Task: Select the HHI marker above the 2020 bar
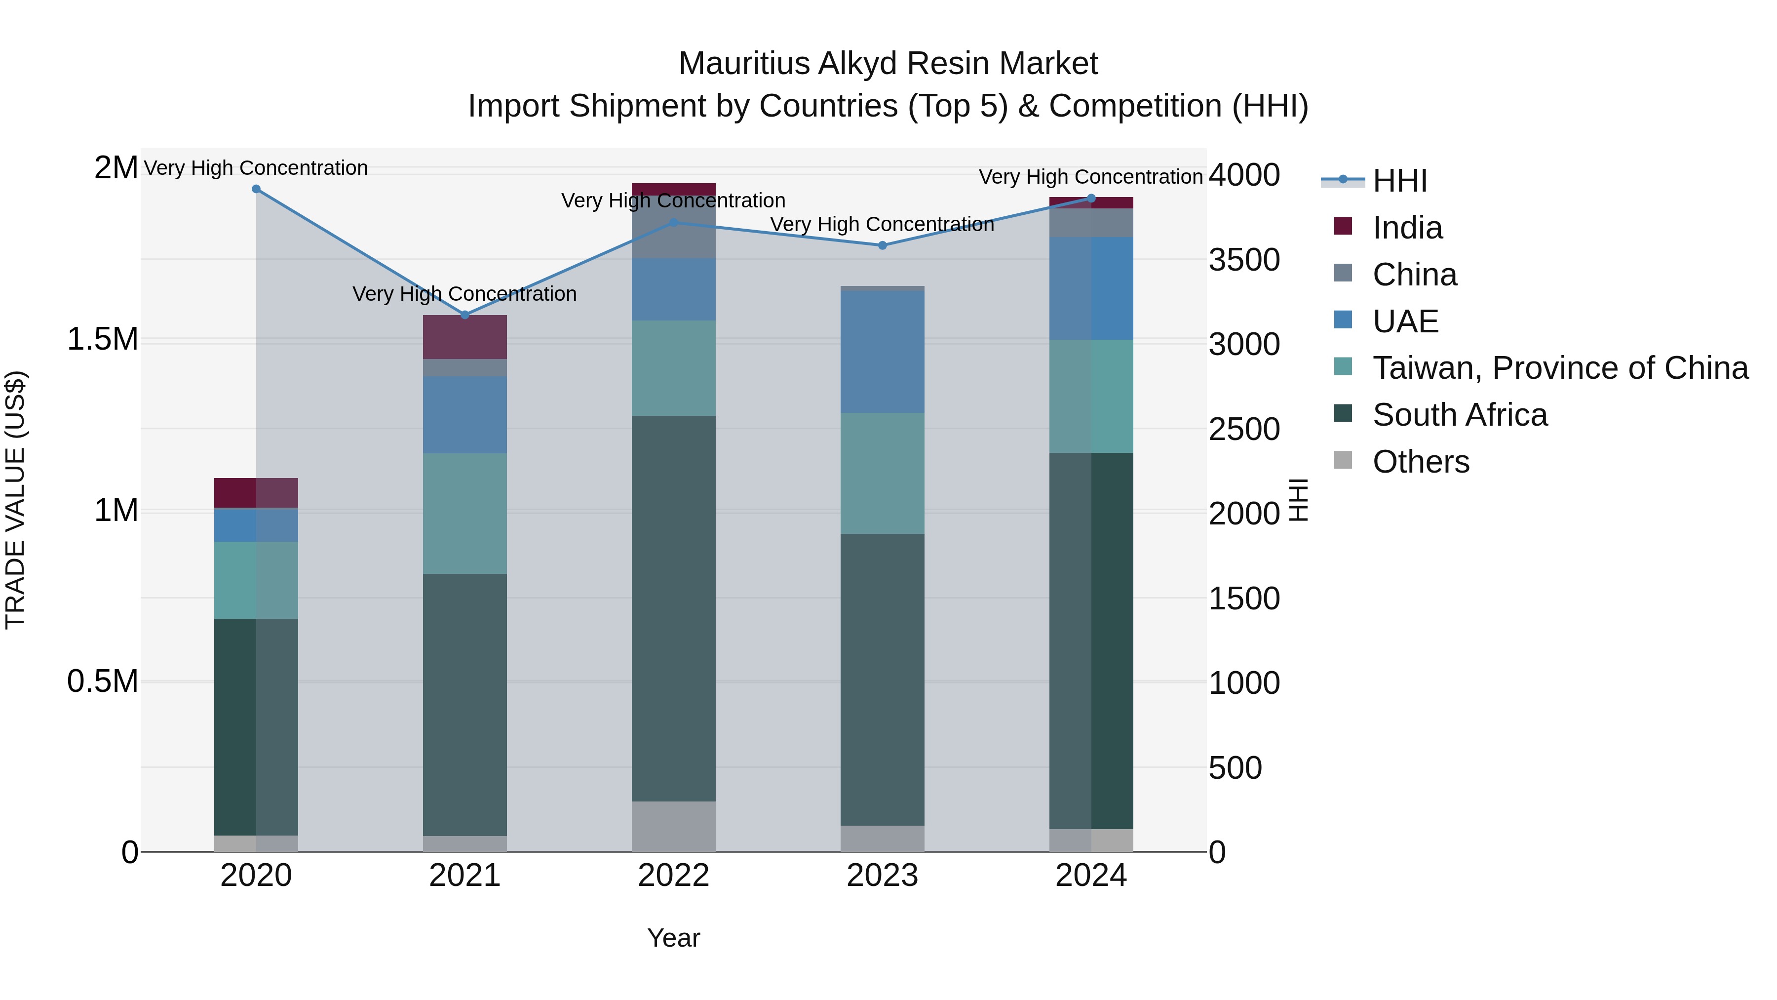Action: [256, 189]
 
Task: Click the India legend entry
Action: [1407, 228]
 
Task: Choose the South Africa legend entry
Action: [1459, 415]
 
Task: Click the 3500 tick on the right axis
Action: [1244, 260]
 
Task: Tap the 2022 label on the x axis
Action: [673, 876]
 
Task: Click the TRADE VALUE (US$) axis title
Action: [16, 500]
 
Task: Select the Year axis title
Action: [673, 938]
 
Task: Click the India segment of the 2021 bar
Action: [465, 337]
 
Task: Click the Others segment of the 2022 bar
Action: [673, 826]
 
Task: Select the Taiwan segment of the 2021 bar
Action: [465, 514]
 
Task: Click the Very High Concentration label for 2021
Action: [464, 294]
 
